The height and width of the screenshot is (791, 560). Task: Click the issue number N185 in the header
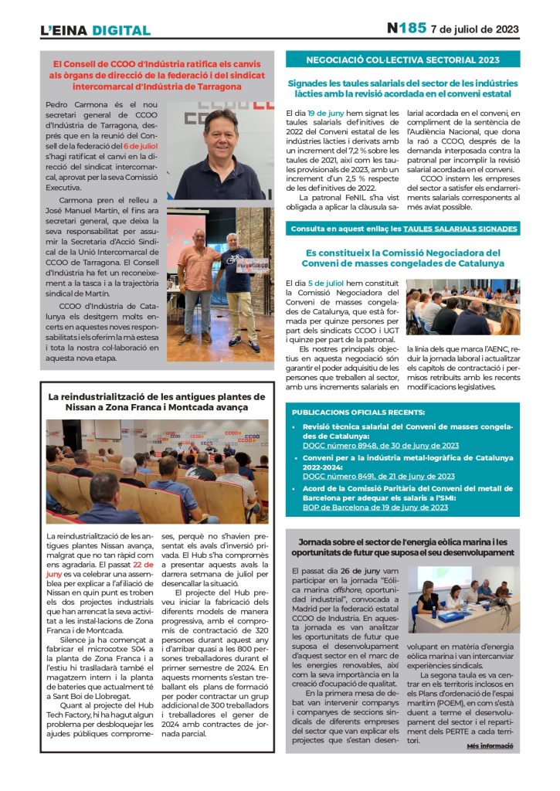click(406, 29)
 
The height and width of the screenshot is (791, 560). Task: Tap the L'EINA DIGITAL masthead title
click(95, 31)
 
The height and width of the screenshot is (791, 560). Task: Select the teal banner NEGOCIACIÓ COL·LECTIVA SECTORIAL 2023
click(402, 59)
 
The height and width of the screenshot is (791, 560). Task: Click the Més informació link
click(490, 746)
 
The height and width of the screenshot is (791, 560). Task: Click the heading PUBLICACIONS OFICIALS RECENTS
click(358, 412)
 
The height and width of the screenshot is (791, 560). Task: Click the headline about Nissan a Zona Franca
click(158, 402)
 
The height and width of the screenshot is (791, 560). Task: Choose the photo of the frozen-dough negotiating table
click(463, 307)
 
